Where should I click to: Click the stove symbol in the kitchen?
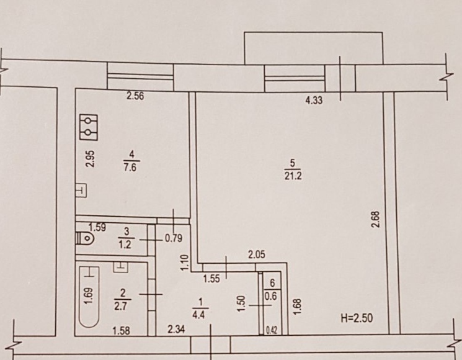(89, 127)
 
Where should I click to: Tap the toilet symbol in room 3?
(85, 238)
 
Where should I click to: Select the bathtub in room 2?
(89, 297)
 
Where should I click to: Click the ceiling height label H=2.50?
(357, 318)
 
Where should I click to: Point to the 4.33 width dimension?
(314, 101)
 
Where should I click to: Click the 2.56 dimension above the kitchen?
(135, 96)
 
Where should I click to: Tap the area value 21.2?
(293, 176)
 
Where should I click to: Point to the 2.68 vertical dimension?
(376, 219)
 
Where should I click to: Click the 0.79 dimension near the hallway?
(174, 238)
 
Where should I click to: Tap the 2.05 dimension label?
(257, 254)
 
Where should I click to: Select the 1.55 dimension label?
(212, 279)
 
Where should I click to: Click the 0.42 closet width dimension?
(271, 330)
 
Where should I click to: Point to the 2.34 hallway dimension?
(176, 329)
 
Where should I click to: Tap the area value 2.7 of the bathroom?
(121, 306)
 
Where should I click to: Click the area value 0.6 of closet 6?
(271, 296)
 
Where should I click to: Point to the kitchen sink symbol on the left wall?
(81, 190)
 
